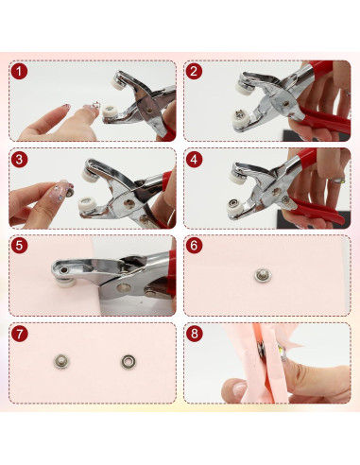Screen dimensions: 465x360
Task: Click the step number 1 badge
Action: point(20,72)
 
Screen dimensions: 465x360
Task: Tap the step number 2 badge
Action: point(194,72)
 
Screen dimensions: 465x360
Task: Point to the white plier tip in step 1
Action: point(123,85)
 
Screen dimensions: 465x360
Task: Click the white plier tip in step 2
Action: point(245,86)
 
